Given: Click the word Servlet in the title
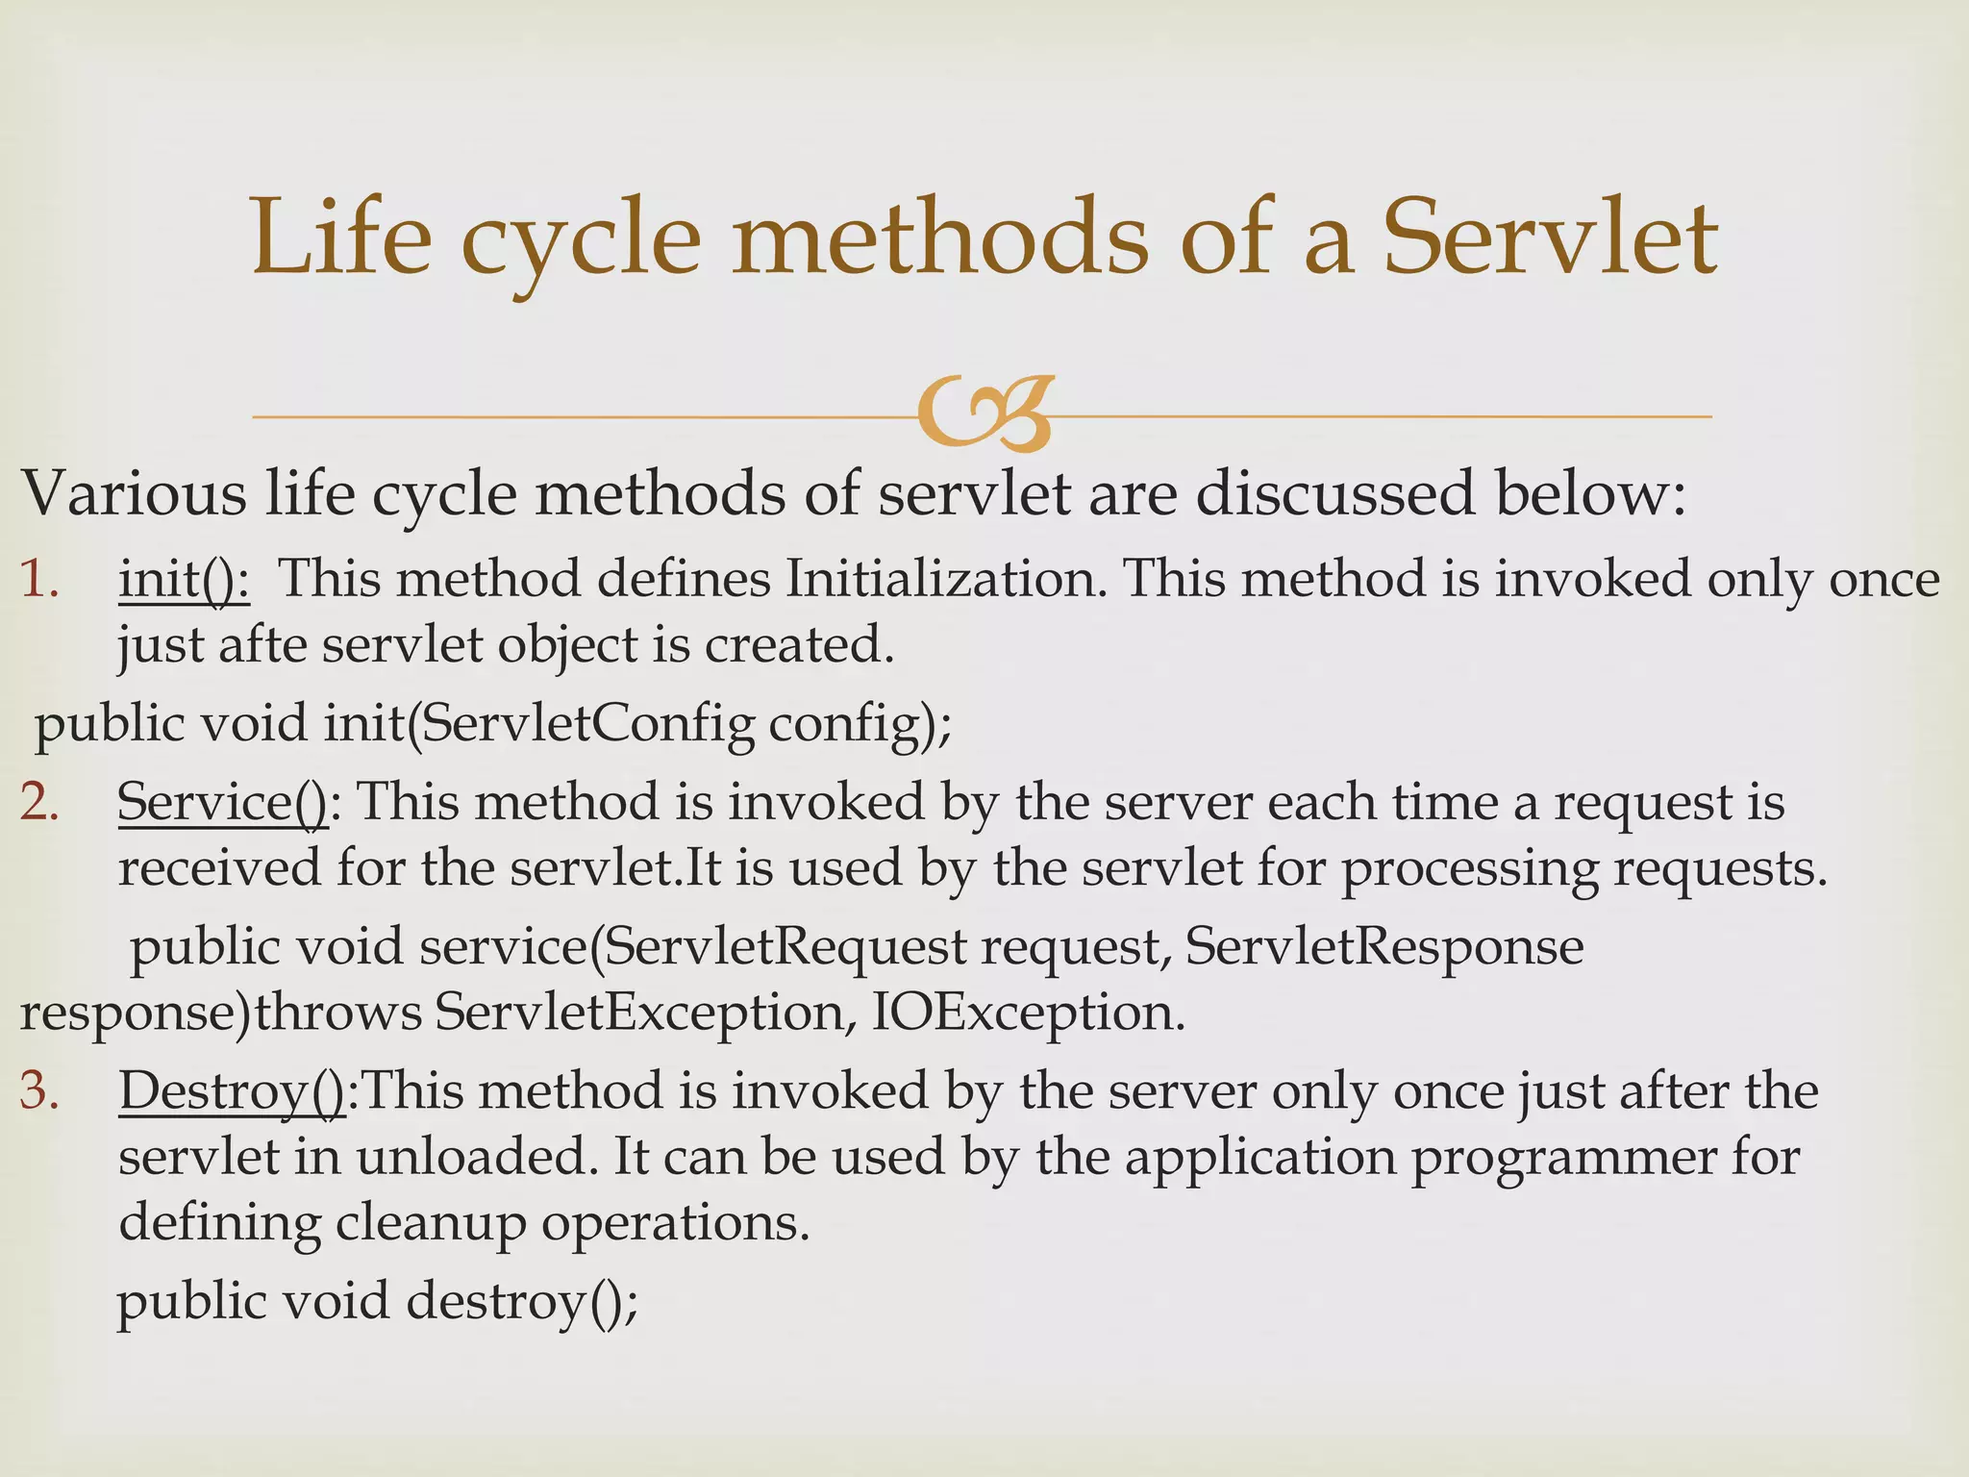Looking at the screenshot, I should point(1550,238).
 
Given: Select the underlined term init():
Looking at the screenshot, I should point(184,580).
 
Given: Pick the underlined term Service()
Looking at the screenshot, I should point(222,802).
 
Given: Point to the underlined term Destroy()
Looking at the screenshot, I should point(232,1092).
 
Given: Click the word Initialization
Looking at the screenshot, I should point(946,580).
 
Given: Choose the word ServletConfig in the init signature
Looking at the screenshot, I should point(587,723).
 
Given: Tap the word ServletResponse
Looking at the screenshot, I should point(1384,947).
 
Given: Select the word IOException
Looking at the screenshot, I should point(1029,1013).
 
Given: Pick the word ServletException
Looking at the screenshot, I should point(638,1013).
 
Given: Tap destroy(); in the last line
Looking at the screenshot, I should point(522,1302).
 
